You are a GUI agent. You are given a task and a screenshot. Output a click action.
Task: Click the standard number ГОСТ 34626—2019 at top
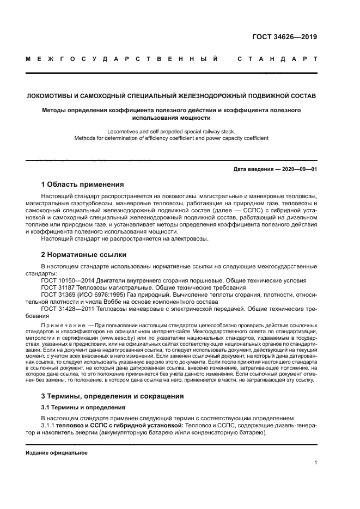pyautogui.click(x=285, y=38)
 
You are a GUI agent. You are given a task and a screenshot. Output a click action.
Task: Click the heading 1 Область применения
pyautogui.click(x=82, y=184)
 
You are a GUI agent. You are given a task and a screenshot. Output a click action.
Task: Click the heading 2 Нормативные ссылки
pyautogui.click(x=84, y=254)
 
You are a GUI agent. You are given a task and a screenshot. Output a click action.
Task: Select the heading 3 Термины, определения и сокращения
pyautogui.click(x=113, y=396)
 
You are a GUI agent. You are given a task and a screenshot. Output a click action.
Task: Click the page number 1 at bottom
pyautogui.click(x=315, y=463)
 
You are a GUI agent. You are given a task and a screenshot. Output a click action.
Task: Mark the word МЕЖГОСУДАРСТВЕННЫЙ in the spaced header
pyautogui.click(x=122, y=58)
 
